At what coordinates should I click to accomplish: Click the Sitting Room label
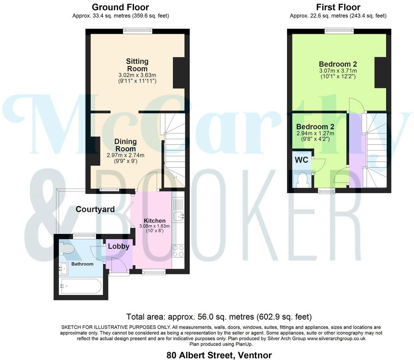coord(137,65)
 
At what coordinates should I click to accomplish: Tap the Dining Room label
coord(125,145)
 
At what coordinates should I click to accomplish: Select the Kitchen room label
coord(155,221)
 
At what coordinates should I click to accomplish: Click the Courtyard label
coord(95,209)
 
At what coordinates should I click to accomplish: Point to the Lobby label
coord(118,246)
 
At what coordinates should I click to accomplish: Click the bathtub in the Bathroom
coord(80,286)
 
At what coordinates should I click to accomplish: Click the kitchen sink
coord(178,216)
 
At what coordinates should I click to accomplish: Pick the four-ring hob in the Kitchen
coord(178,251)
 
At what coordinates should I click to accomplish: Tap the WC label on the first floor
coord(301,160)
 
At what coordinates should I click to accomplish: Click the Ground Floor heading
coord(120,7)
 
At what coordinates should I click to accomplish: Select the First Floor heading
coord(338,7)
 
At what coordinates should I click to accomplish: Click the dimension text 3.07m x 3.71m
coord(338,71)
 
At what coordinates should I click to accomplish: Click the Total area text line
coord(219,317)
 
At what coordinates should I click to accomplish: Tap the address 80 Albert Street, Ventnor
coord(219,355)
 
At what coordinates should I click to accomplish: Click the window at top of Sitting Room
coord(137,31)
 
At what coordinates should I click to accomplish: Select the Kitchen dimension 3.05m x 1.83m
coord(155,226)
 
